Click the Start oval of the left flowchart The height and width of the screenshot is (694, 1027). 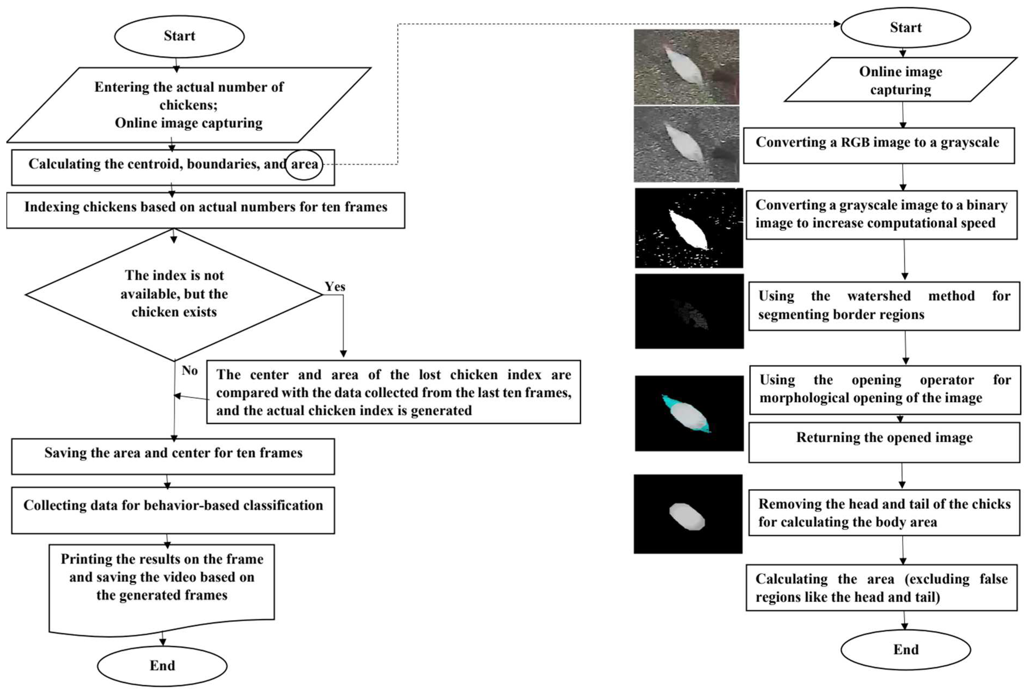(x=179, y=36)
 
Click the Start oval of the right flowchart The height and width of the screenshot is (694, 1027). (x=905, y=27)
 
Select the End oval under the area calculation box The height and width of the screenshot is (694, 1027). (x=905, y=649)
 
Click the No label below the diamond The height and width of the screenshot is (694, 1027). (x=190, y=370)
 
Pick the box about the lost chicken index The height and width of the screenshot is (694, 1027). (x=393, y=392)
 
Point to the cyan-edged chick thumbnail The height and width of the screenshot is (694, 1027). (x=689, y=413)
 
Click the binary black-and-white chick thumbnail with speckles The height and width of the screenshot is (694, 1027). (x=689, y=228)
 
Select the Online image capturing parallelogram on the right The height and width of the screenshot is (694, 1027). (x=900, y=80)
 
